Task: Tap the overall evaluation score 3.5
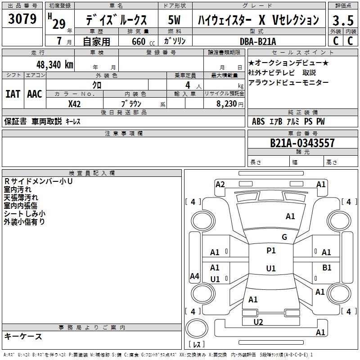click(342, 20)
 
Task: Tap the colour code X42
click(75, 103)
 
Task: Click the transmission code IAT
click(13, 94)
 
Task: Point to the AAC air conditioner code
click(35, 94)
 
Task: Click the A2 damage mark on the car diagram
click(220, 184)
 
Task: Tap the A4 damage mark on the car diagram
click(194, 276)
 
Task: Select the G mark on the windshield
click(284, 237)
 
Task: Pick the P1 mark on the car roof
click(271, 251)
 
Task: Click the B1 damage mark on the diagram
click(327, 267)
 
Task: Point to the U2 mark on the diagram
click(258, 322)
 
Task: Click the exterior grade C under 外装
click(335, 40)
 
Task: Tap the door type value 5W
click(175, 20)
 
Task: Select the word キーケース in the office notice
click(23, 337)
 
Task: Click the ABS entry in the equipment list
click(258, 121)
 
